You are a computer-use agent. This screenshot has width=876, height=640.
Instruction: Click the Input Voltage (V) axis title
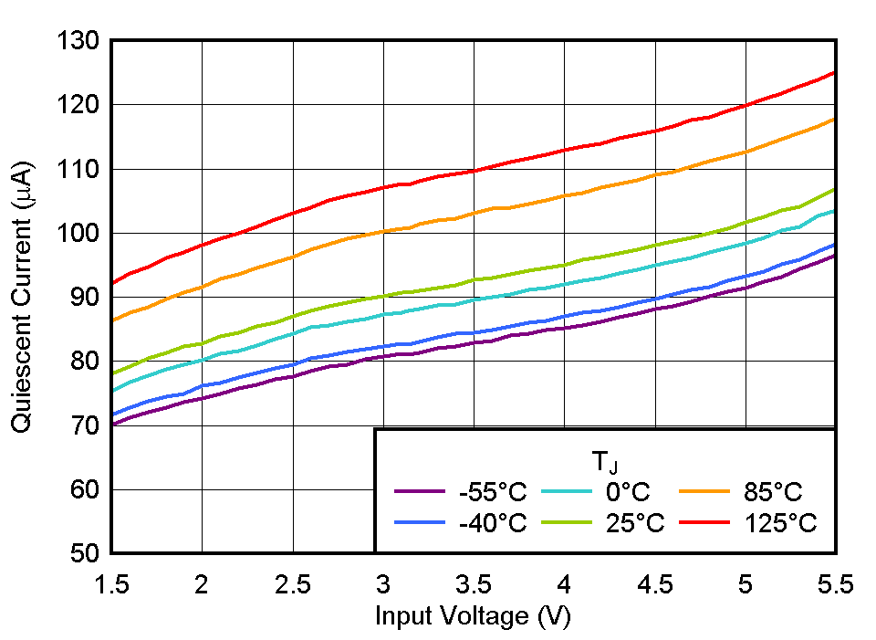[473, 616]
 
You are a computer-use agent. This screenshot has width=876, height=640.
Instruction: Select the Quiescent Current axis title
[23, 298]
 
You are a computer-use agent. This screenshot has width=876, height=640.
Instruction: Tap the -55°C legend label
[493, 493]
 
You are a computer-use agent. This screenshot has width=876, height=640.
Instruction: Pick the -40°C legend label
[493, 523]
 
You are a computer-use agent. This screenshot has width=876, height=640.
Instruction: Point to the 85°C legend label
[772, 493]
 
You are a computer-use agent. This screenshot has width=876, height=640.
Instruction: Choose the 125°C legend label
[779, 523]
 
